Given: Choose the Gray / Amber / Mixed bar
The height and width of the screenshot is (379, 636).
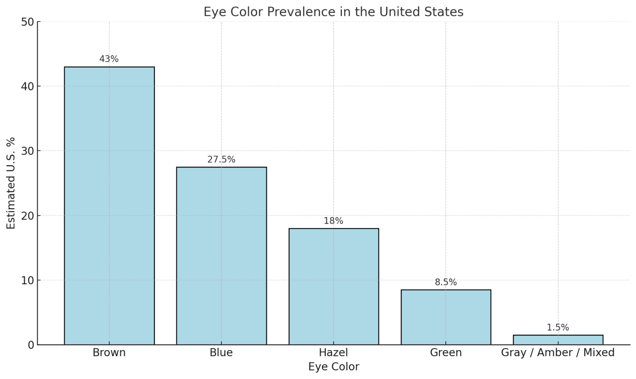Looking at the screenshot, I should pyautogui.click(x=558, y=340).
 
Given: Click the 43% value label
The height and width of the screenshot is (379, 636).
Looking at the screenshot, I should pyautogui.click(x=109, y=59).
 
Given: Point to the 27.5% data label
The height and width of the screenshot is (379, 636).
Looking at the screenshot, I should pyautogui.click(x=221, y=160).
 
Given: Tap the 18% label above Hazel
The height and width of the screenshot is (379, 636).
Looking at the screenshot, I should pyautogui.click(x=333, y=221).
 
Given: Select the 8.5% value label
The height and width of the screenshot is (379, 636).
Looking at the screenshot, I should pyautogui.click(x=446, y=282).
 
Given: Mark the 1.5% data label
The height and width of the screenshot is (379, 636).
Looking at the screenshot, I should pyautogui.click(x=558, y=328).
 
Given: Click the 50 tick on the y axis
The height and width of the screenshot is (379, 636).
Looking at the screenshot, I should pyautogui.click(x=27, y=22).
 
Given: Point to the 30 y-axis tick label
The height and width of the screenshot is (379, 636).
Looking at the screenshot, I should pyautogui.click(x=27, y=151).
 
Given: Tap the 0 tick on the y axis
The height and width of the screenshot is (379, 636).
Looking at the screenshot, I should pyautogui.click(x=31, y=345).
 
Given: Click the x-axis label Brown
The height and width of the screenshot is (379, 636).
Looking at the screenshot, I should pyautogui.click(x=109, y=353).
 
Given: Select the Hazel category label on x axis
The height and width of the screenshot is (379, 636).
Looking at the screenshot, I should pyautogui.click(x=333, y=353).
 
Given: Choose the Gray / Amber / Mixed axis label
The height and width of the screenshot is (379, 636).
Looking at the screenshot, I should pyautogui.click(x=558, y=353).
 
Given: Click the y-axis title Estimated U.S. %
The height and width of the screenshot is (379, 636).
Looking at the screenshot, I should pyautogui.click(x=11, y=183).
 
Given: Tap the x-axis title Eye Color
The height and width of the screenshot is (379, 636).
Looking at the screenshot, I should pyautogui.click(x=333, y=367).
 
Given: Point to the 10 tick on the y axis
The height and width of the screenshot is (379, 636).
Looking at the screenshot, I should pyautogui.click(x=27, y=280).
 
